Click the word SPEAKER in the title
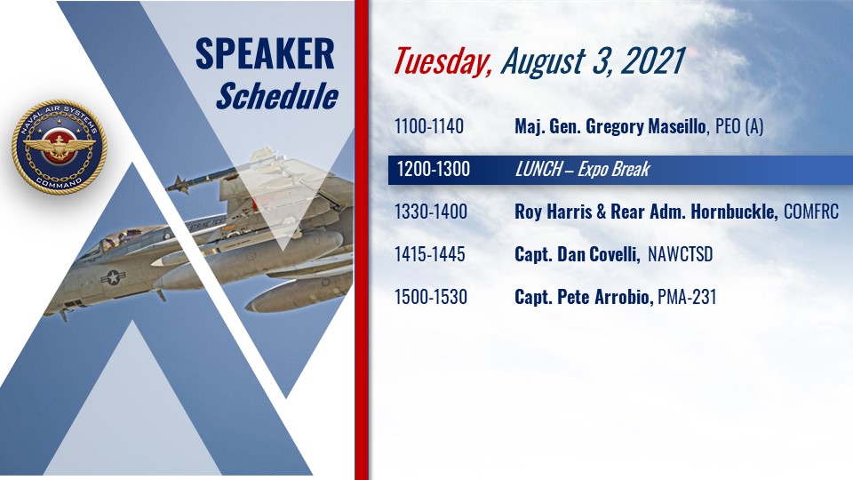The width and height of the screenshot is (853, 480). click(x=265, y=54)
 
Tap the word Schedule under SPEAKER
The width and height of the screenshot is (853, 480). click(x=277, y=96)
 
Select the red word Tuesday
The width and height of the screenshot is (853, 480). click(x=442, y=61)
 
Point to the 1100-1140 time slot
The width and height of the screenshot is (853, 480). click(x=429, y=126)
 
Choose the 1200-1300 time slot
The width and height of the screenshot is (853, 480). click(x=433, y=169)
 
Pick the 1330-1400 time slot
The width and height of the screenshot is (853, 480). click(x=431, y=212)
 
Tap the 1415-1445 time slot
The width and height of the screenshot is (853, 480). click(x=430, y=254)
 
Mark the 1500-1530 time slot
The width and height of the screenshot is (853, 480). click(x=431, y=297)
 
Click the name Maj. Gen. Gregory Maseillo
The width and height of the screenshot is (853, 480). click(x=611, y=127)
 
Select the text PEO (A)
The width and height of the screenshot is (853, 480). click(x=739, y=127)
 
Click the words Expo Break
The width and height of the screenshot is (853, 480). click(x=614, y=169)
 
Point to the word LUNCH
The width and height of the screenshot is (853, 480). click(x=539, y=169)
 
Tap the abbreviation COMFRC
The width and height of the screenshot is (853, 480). click(x=811, y=212)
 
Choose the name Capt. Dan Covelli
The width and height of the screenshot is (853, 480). click(x=578, y=254)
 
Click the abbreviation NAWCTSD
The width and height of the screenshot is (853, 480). click(x=680, y=254)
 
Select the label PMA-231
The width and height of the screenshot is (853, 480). click(x=687, y=297)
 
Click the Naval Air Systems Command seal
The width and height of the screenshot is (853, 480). click(x=59, y=147)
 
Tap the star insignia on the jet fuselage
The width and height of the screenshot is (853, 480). click(x=113, y=277)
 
